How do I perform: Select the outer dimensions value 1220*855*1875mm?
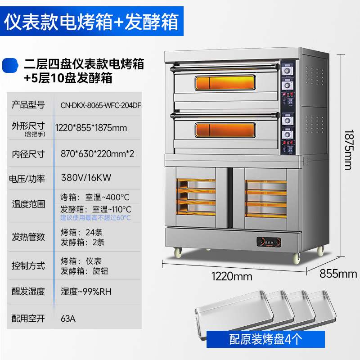91,128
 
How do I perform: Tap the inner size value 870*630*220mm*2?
97,153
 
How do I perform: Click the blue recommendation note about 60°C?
95,218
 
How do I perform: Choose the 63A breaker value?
68,319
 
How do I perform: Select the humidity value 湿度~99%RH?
86,292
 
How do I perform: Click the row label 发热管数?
28,237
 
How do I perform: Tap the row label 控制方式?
28,266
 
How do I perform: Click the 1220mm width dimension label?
233,276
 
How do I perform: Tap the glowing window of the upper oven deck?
224,83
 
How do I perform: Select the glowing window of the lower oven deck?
224,130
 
